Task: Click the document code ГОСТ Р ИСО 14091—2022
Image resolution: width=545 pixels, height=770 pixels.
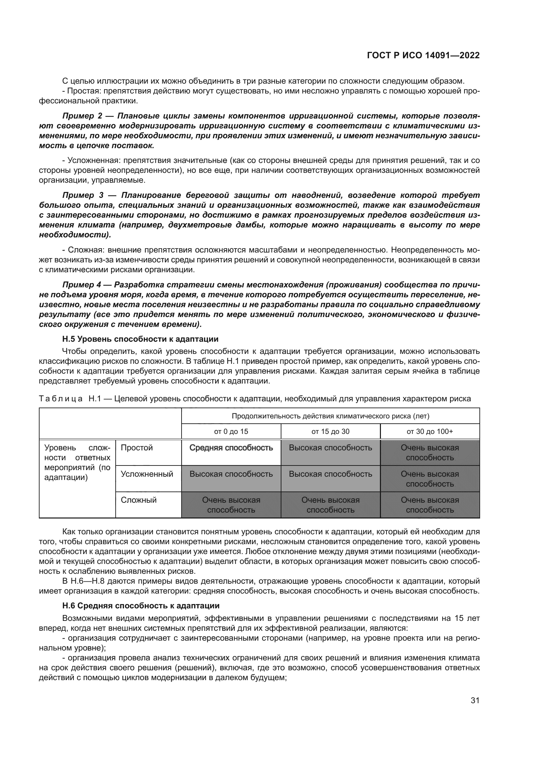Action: (423, 55)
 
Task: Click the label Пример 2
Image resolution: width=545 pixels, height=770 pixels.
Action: (82, 116)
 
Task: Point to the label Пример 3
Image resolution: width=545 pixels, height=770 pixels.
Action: (83, 195)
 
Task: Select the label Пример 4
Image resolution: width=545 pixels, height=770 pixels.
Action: (82, 285)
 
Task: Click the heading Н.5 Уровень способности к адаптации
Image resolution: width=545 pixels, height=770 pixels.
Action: (140, 339)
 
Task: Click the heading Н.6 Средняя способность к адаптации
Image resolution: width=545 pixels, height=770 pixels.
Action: (141, 606)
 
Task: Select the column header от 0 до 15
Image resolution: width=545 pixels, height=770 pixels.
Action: (231, 432)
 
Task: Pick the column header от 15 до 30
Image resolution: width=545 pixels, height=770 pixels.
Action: (330, 432)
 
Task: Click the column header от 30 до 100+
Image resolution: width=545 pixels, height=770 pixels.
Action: (430, 432)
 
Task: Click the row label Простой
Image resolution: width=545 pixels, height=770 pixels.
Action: (137, 448)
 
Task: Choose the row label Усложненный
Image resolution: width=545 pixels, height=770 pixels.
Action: (147, 474)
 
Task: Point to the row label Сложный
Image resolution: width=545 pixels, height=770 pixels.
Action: (139, 500)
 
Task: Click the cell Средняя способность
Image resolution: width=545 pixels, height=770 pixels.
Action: (231, 448)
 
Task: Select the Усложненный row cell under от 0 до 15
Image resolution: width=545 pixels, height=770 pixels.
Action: (231, 474)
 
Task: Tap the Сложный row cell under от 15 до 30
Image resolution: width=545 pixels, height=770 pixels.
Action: (330, 505)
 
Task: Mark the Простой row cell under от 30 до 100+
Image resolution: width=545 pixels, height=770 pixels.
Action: (430, 452)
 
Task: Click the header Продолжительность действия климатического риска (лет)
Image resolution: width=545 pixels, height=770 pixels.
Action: (330, 416)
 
